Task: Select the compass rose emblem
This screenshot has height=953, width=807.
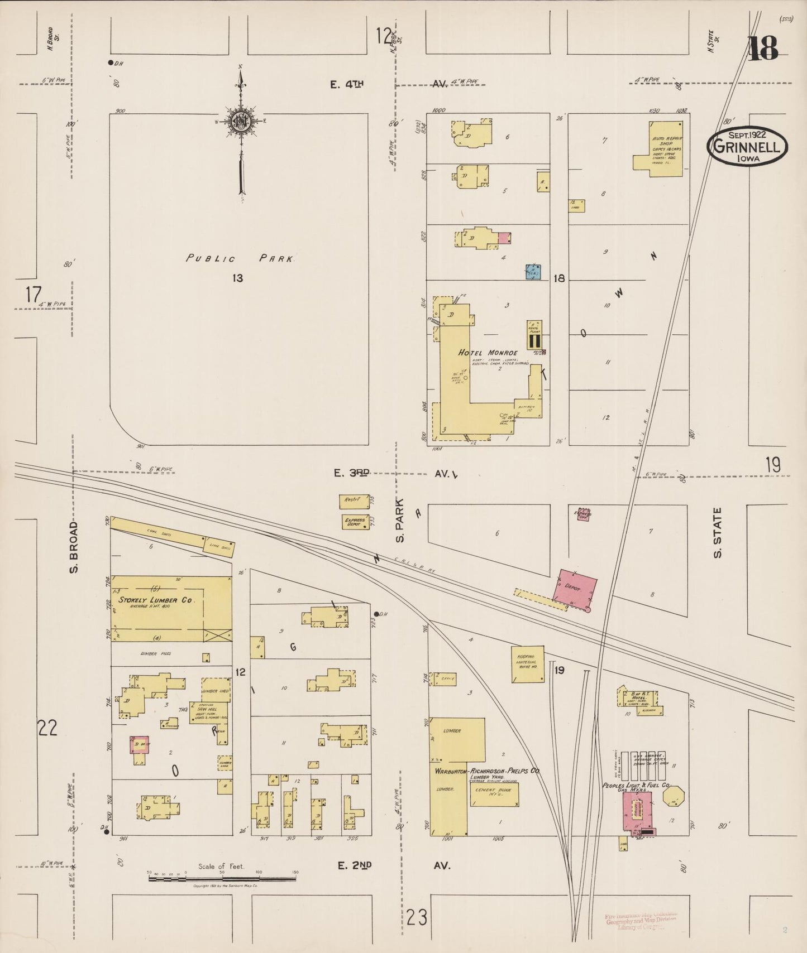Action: [x=241, y=120]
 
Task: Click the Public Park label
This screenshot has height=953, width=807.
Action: [x=240, y=258]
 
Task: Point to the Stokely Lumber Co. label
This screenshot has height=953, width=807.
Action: [x=155, y=600]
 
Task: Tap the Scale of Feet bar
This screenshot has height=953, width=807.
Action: [x=222, y=879]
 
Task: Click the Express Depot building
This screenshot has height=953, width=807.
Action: [x=356, y=522]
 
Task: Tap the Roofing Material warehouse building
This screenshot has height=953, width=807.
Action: [x=528, y=664]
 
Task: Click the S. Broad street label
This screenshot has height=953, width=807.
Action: [x=74, y=547]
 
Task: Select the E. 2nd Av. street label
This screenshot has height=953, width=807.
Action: [x=394, y=865]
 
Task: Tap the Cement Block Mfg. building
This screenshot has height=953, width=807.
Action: [x=494, y=794]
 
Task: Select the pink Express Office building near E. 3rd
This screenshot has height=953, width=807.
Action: [x=584, y=514]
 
